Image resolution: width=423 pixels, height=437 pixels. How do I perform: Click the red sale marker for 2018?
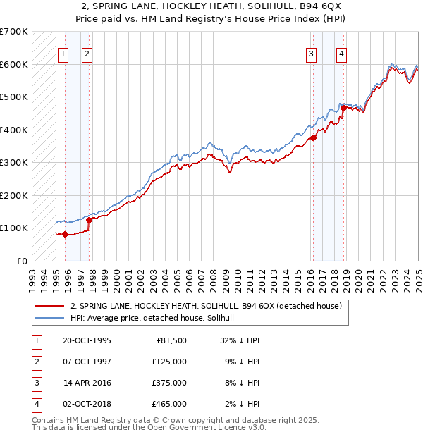pos(343,109)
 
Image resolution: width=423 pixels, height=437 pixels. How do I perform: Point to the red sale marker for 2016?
pos(313,138)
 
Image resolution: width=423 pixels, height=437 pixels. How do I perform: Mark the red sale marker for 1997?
pos(90,220)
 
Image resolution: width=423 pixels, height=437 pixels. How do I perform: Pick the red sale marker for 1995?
pos(65,234)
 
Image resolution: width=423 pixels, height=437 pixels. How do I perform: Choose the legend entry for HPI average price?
pos(157,319)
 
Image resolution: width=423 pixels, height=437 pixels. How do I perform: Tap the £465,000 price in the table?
pos(169,404)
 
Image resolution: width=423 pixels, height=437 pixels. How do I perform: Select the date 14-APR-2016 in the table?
pos(87,383)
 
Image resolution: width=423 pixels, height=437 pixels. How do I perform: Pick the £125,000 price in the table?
pos(169,362)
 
